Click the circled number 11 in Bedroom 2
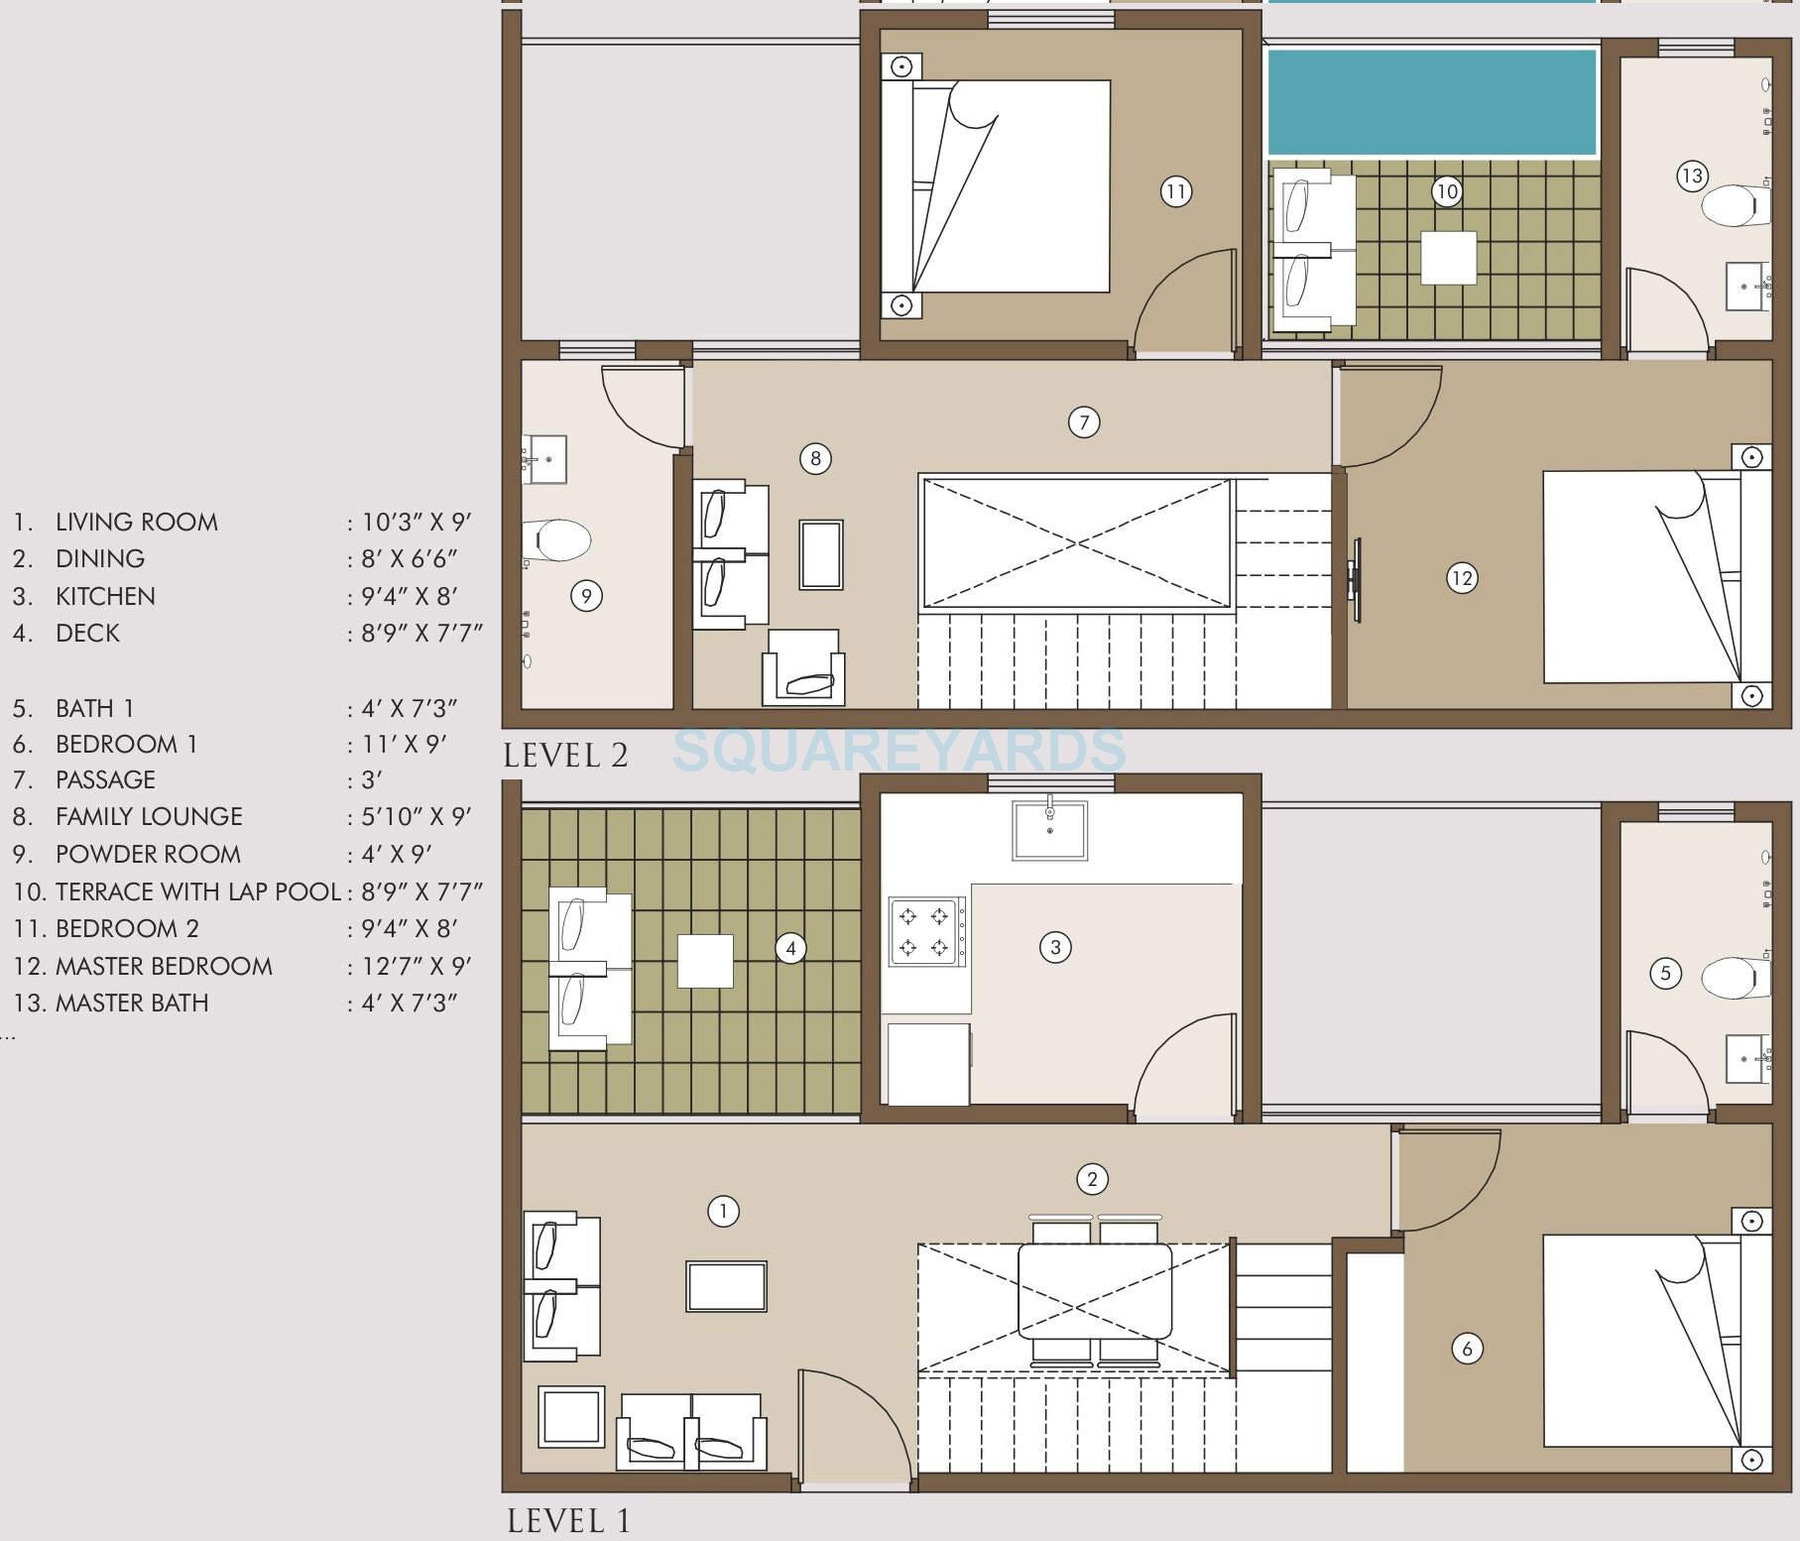click(x=1175, y=191)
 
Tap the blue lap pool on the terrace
click(x=1432, y=101)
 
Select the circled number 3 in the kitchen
click(x=1055, y=947)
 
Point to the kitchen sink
click(x=1049, y=830)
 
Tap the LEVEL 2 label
click(x=565, y=756)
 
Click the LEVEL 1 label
click(x=568, y=1520)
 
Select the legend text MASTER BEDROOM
click(x=164, y=966)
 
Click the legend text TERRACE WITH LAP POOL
click(x=198, y=891)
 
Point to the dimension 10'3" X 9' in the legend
click(x=416, y=522)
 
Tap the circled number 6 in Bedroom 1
click(x=1467, y=1348)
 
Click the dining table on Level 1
click(x=1095, y=1291)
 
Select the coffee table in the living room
click(x=726, y=1286)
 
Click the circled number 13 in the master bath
click(x=1691, y=177)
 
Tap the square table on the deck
click(x=705, y=961)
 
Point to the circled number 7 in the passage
click(x=1084, y=422)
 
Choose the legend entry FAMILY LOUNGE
click(x=149, y=816)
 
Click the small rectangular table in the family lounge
click(x=821, y=555)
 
